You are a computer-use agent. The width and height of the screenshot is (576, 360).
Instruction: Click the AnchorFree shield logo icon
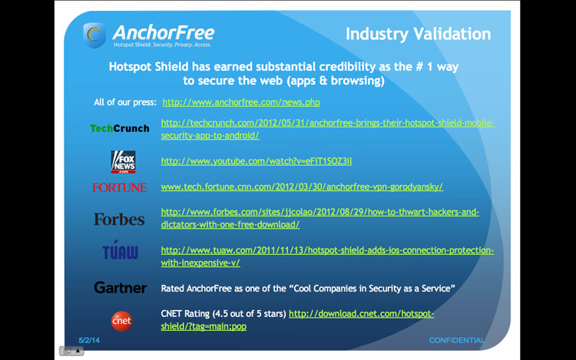[94, 35]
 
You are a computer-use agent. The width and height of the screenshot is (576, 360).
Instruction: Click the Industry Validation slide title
[418, 34]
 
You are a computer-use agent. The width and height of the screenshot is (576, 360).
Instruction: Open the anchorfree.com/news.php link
[241, 102]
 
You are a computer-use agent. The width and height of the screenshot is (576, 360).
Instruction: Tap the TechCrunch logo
[120, 128]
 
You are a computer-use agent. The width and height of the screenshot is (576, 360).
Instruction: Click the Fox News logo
[123, 162]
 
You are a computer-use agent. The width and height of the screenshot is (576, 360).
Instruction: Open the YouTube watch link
[257, 161]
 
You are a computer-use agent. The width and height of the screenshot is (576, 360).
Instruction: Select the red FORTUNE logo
[120, 187]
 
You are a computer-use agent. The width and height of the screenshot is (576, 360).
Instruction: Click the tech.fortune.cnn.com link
[302, 187]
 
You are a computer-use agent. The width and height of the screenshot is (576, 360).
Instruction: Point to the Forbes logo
[119, 220]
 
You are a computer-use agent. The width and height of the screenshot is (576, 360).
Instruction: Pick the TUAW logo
[120, 250]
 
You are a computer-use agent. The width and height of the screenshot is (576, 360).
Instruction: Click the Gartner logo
[120, 288]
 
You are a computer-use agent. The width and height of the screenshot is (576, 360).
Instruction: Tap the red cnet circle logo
[121, 321]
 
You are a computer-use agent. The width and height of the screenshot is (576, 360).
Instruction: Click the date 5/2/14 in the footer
[89, 340]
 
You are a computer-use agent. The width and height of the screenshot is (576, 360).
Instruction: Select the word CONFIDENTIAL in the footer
[457, 340]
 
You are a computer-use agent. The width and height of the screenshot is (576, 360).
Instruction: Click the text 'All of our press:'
[125, 102]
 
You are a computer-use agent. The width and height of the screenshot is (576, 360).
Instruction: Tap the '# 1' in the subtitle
[424, 67]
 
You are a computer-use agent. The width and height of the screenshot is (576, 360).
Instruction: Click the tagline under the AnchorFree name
[162, 45]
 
